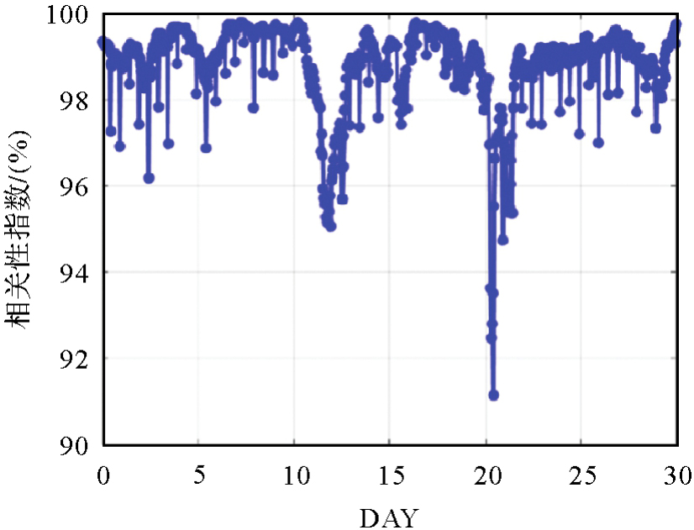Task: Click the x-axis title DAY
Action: [388, 517]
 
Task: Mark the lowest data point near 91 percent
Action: [493, 395]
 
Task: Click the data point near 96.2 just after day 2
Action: [149, 178]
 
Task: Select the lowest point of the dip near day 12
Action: [331, 226]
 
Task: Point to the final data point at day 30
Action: [676, 24]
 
